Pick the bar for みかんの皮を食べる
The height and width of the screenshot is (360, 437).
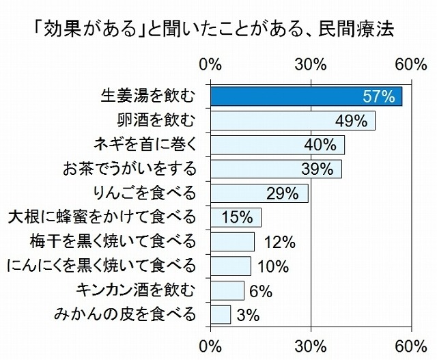[221, 314]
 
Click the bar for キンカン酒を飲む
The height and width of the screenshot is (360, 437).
[227, 290]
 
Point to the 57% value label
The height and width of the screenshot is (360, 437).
[379, 96]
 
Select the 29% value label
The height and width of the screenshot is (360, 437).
[283, 193]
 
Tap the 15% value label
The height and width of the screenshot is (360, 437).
[236, 218]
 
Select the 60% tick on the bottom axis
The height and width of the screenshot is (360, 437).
[411, 343]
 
